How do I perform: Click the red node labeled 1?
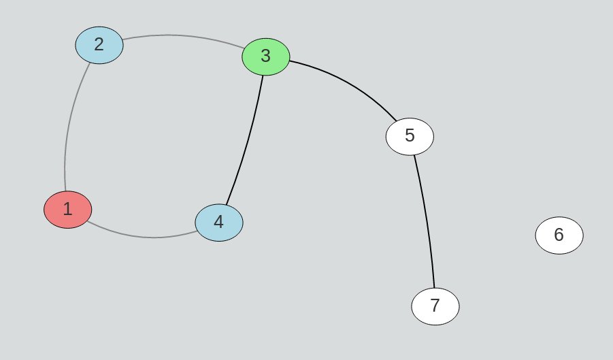pos(67,210)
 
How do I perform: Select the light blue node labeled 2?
pos(99,45)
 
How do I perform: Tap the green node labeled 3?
pos(266,56)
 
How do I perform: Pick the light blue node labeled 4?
pos(219,223)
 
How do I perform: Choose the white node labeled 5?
pos(410,135)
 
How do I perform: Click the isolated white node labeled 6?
pos(559,235)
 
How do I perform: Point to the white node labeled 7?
pos(435,306)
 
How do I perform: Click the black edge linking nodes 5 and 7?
pos(426,218)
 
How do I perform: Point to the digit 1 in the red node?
pos(67,210)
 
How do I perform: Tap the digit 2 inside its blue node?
pos(99,45)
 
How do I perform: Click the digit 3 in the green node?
pos(266,56)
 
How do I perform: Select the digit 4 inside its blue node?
pos(219,223)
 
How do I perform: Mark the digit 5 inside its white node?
pos(410,135)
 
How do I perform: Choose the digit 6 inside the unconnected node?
pos(559,235)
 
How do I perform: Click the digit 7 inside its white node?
pos(435,306)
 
